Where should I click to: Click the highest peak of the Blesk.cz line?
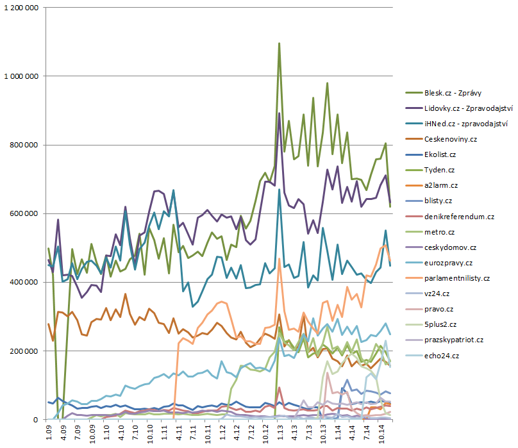[x=280, y=44]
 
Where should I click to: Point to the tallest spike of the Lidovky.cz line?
[x=280, y=113]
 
